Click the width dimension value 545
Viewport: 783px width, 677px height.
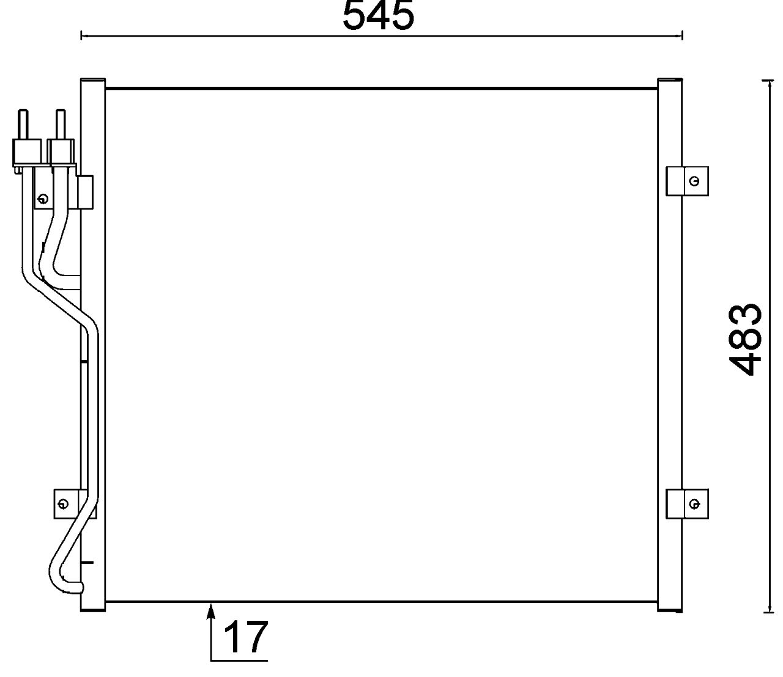[378, 16]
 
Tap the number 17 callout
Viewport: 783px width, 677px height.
[245, 637]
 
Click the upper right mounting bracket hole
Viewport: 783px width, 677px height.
[694, 181]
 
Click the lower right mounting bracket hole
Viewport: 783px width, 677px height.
[694, 504]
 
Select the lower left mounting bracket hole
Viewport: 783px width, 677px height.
[62, 504]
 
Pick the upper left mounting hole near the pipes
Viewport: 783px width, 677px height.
[42, 199]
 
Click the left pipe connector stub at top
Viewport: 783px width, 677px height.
[23, 125]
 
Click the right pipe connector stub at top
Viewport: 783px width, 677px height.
[60, 125]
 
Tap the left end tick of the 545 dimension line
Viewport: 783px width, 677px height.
[81, 36]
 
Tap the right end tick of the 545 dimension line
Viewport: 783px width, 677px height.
[682, 36]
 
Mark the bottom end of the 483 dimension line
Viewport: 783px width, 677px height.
[768, 611]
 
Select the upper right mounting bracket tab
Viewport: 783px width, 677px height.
[686, 181]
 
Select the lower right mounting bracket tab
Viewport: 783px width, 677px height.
[686, 504]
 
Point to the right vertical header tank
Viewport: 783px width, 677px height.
[670, 342]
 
